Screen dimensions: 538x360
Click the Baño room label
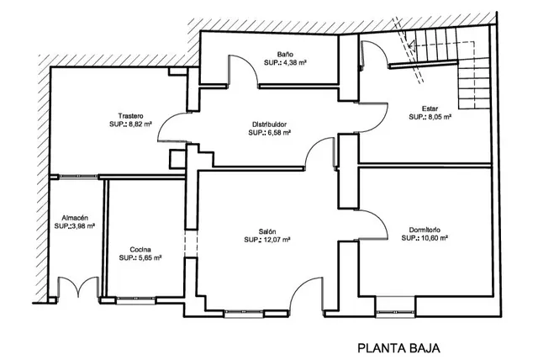click(285, 54)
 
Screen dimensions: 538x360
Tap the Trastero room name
click(130, 115)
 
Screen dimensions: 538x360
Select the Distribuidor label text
click(269, 124)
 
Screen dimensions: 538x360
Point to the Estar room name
click(430, 109)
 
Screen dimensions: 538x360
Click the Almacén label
click(75, 218)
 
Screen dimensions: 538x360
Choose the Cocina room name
click(140, 250)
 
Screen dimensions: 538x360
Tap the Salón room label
click(267, 231)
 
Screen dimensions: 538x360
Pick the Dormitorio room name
click(425, 230)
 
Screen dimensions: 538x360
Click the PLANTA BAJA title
click(398, 348)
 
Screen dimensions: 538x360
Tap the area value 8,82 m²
click(140, 124)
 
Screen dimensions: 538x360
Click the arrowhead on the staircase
click(411, 45)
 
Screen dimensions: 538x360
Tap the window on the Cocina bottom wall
click(136, 300)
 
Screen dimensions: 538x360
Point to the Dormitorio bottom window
click(395, 311)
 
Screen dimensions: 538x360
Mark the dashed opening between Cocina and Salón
click(191, 243)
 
